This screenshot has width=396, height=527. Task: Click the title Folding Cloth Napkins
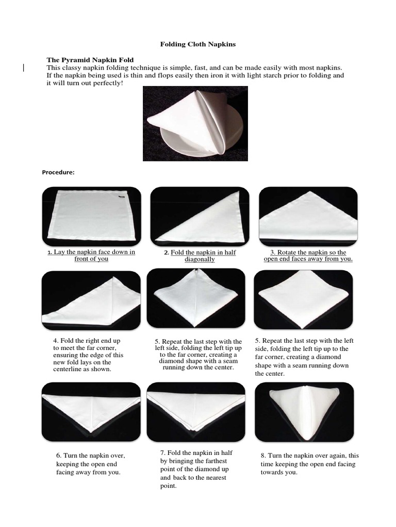[x=198, y=44]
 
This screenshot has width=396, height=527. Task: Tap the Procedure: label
[x=58, y=172]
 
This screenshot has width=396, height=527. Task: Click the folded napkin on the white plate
[x=195, y=122]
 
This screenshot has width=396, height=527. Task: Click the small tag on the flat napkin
[x=121, y=196]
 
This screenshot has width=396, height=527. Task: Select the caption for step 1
[x=91, y=255]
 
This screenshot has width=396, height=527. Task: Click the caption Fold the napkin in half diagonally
[x=200, y=256]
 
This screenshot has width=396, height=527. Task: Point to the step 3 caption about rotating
[x=308, y=256]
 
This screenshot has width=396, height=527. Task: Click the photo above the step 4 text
[x=91, y=300]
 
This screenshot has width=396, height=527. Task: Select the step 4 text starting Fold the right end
[x=88, y=355]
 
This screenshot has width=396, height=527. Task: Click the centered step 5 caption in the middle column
[x=198, y=354]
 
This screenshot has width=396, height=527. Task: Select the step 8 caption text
[x=310, y=464]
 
